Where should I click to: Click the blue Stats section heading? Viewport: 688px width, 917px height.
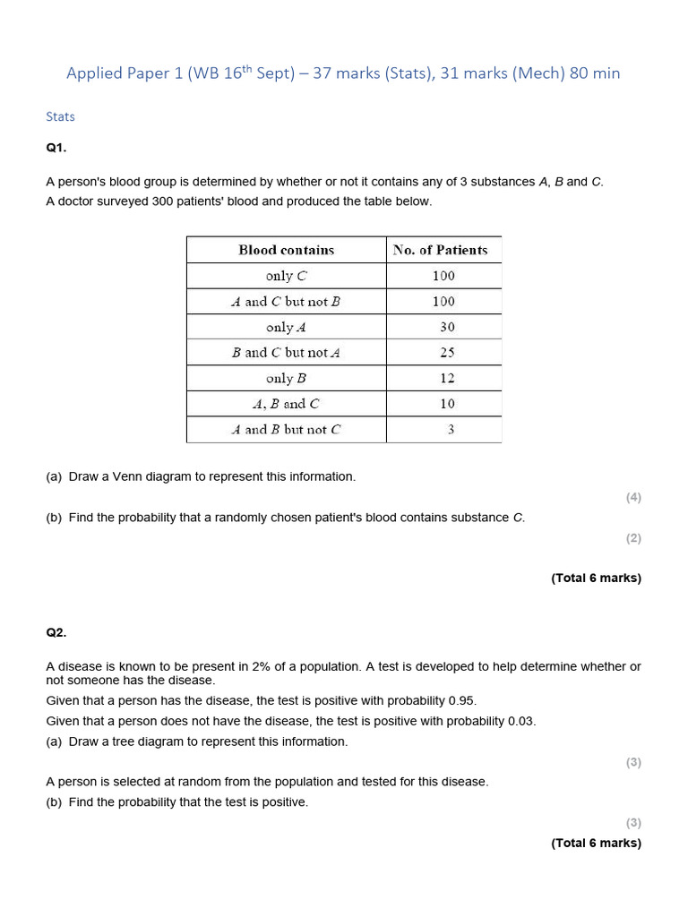[x=60, y=116]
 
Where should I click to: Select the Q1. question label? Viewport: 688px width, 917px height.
[x=56, y=148]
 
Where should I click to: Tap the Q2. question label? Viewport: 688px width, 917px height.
[x=56, y=632]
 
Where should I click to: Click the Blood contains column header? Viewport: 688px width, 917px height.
[x=286, y=250]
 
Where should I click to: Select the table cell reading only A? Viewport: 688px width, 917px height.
[x=286, y=327]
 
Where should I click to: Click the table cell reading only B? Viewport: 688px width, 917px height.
[x=286, y=378]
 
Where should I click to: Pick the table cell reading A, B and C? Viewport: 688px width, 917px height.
[x=286, y=404]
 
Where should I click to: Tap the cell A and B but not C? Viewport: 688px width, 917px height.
[x=286, y=430]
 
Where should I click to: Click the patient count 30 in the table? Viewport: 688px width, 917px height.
[x=446, y=327]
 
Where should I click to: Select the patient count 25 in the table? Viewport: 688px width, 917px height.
[x=446, y=353]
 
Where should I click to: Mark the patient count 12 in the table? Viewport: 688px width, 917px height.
[x=446, y=378]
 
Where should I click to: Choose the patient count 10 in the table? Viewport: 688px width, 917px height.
[x=446, y=404]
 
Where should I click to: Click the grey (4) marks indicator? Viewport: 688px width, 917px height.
[x=633, y=497]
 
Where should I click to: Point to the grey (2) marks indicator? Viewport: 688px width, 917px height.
[x=633, y=538]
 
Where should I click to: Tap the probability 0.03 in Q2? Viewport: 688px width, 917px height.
[x=521, y=721]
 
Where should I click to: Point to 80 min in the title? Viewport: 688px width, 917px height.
[x=594, y=73]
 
